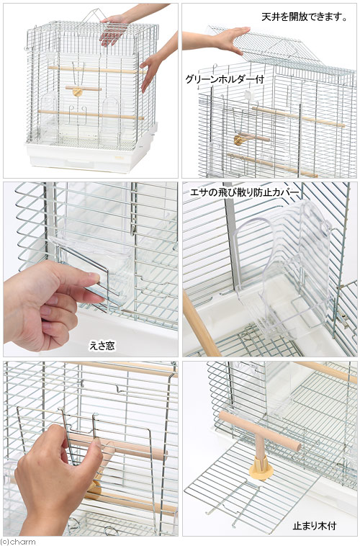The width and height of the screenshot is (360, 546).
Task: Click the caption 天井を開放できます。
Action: (305, 17)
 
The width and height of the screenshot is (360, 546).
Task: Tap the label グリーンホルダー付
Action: (225, 79)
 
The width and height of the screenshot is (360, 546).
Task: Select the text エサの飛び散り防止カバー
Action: (244, 192)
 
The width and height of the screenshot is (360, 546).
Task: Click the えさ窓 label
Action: (102, 346)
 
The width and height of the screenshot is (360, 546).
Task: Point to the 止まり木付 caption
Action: (315, 526)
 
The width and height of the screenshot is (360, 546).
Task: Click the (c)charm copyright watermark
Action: (18, 542)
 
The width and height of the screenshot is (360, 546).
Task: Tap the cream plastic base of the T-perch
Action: (261, 468)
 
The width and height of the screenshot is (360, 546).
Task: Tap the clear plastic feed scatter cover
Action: (284, 268)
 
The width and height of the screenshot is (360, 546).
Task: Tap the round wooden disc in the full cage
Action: (77, 92)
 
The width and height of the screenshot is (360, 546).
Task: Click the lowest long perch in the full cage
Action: (91, 115)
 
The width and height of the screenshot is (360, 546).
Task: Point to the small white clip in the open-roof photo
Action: (249, 94)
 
